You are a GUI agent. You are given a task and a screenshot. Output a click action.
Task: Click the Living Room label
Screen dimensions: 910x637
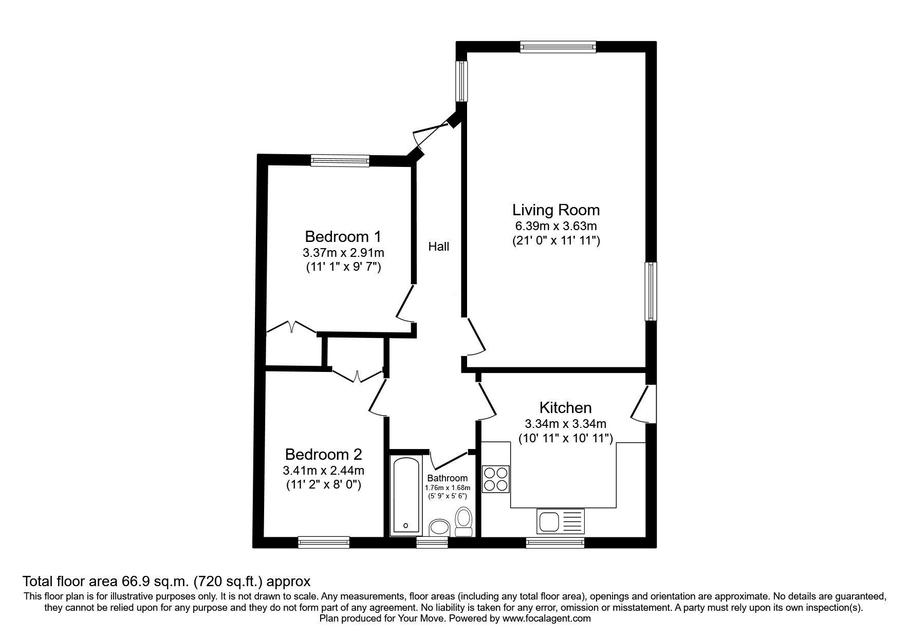coord(556,210)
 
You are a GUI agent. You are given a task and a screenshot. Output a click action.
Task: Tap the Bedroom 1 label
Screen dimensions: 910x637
coord(343,236)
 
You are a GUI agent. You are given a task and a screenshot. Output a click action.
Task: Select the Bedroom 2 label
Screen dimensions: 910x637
coord(324,455)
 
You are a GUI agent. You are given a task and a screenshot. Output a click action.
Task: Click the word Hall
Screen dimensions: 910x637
coord(439,247)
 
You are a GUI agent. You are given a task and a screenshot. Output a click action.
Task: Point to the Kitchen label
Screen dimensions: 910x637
coord(565,408)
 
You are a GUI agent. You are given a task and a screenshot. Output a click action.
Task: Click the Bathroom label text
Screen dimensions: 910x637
coord(447,478)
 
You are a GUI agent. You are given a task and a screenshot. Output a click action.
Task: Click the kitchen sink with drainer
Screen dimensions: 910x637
coord(561,521)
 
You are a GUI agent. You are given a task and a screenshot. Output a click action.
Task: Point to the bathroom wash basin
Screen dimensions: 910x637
coord(439,528)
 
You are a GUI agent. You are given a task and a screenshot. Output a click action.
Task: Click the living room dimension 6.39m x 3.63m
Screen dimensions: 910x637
coord(556,226)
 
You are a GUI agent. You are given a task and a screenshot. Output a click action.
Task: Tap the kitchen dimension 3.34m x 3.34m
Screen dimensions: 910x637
coord(565,424)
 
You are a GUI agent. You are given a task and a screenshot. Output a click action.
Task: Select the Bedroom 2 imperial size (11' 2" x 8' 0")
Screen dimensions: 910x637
coord(324,484)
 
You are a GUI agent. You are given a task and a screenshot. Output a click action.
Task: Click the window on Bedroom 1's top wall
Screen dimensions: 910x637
coord(340,161)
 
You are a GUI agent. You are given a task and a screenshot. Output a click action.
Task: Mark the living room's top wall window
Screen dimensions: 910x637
coord(558,47)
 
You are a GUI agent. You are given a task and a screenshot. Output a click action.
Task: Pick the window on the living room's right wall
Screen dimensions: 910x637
coord(651,291)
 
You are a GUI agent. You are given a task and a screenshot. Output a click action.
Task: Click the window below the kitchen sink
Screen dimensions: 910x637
coord(555,542)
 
